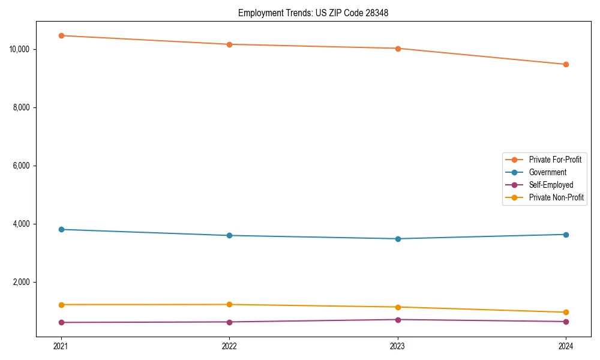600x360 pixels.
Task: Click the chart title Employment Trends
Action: click(313, 13)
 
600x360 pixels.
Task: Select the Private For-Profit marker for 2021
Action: click(61, 35)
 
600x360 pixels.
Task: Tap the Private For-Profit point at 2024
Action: click(566, 64)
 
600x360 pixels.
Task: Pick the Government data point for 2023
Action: click(398, 239)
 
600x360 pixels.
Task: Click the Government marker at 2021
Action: click(61, 229)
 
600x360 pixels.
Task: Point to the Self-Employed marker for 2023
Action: click(398, 319)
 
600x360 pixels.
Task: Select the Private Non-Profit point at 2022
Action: click(229, 304)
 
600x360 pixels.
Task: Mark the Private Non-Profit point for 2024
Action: click(566, 312)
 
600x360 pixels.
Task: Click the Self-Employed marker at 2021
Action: click(61, 322)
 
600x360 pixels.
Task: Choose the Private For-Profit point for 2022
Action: click(229, 44)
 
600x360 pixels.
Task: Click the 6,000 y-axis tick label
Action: click(23, 166)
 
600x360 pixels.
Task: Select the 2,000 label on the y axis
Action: click(23, 282)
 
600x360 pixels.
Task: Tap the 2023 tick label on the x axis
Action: click(398, 346)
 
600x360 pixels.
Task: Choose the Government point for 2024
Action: click(566, 235)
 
